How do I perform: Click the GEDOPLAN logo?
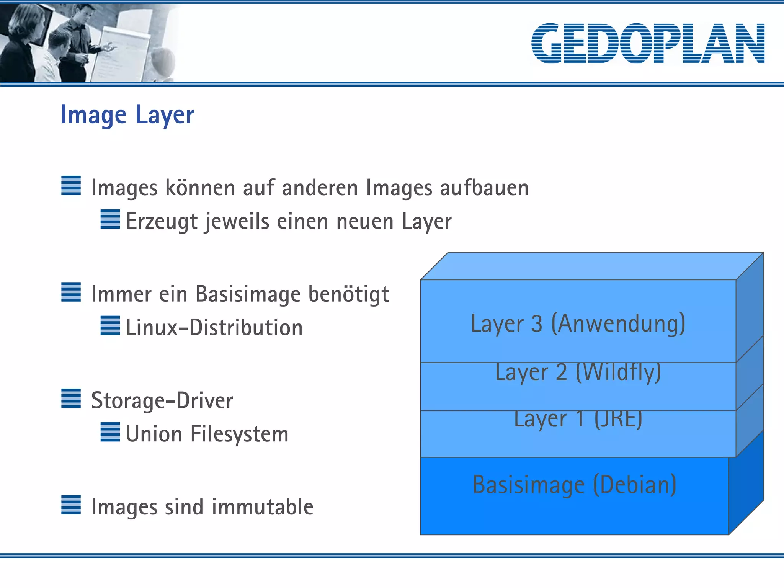[648, 43]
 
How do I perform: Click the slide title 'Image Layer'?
[127, 114]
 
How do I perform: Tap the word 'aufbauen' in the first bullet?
[484, 188]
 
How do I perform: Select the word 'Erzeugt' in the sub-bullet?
[162, 221]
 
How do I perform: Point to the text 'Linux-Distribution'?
[214, 328]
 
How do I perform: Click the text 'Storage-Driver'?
[162, 400]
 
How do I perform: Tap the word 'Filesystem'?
[239, 434]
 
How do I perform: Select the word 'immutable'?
[263, 507]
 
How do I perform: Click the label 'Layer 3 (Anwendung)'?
[578, 323]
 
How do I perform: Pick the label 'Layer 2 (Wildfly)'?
[578, 372]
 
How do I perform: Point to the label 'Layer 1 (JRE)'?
[578, 420]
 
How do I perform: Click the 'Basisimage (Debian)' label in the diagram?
[574, 485]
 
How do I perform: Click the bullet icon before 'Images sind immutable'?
[71, 505]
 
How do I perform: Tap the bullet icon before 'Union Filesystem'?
[110, 432]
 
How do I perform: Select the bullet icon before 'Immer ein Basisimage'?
[71, 292]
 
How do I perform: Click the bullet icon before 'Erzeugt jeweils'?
[110, 219]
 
